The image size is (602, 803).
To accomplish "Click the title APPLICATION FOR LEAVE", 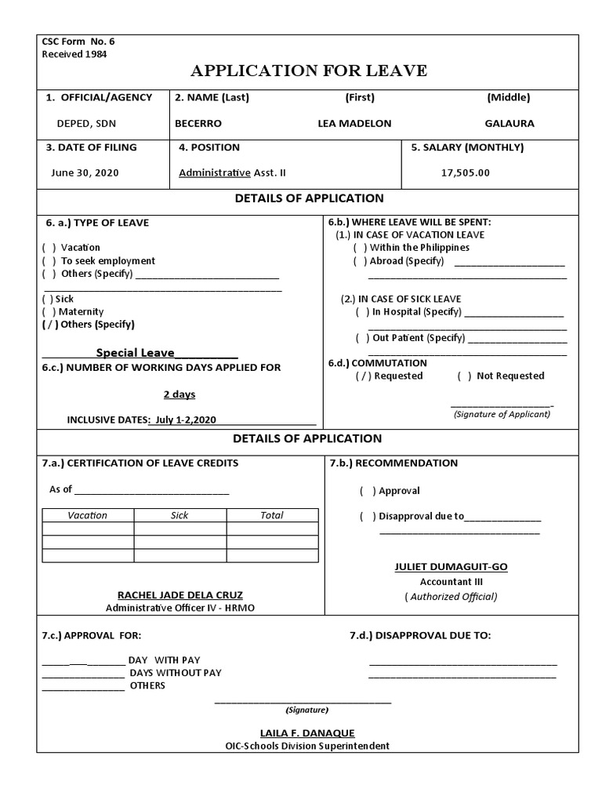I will coord(309,71).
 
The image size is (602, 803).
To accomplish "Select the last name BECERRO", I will coord(198,124).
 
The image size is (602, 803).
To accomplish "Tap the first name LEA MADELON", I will coord(354,124).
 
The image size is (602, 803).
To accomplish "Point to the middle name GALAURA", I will coord(510,124).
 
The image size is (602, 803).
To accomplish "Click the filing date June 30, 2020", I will coord(85,173).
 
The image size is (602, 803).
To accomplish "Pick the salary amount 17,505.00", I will coord(466,173).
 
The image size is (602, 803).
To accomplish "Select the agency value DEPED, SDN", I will coord(86,124).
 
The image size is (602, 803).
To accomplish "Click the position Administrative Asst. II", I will coord(238,173).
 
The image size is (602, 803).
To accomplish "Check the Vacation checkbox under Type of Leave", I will coord(49,248).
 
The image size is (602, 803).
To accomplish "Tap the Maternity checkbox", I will coord(49,312).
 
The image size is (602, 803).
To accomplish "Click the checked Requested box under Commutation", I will coord(362,376).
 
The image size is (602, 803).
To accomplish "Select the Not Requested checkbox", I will coord(464,376).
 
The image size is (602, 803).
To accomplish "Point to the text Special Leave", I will coord(135,353).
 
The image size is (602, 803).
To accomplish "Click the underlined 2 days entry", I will coord(179,394).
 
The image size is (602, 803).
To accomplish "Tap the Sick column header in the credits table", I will coord(180,515).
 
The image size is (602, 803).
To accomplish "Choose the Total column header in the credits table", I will coord(272,515).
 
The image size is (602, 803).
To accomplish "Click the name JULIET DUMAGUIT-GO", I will coord(451,567).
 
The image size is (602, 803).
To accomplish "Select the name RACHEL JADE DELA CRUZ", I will coord(180,595).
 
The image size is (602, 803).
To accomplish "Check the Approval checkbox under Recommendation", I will coord(367,492).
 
